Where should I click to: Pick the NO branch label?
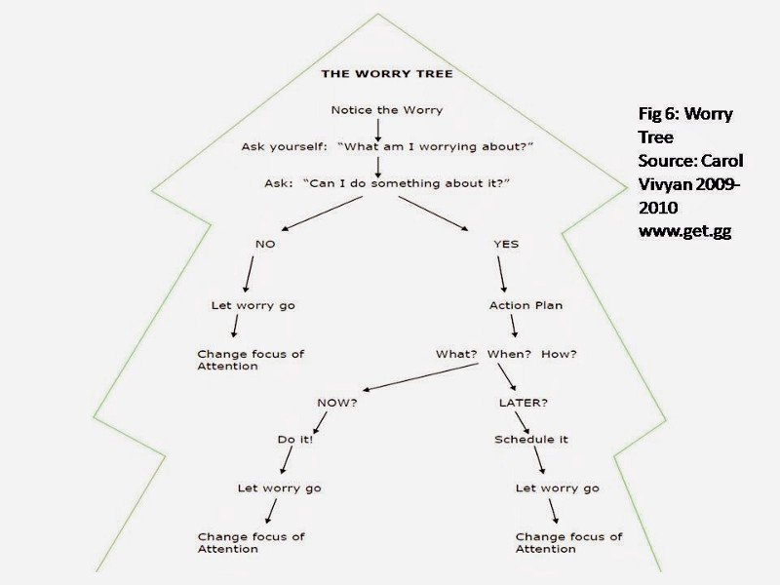pyautogui.click(x=264, y=244)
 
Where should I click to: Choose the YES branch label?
pyautogui.click(x=506, y=244)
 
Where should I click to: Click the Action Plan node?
pyautogui.click(x=526, y=305)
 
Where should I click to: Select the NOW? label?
pyautogui.click(x=336, y=402)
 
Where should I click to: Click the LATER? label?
pyautogui.click(x=524, y=402)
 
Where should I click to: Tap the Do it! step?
pyautogui.click(x=295, y=440)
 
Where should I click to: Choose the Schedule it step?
pyautogui.click(x=531, y=440)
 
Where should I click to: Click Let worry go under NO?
pyautogui.click(x=253, y=305)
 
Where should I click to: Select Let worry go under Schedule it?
pyautogui.click(x=557, y=487)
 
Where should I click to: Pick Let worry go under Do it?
pyautogui.click(x=279, y=487)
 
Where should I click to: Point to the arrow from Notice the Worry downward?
pyautogui.click(x=377, y=128)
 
